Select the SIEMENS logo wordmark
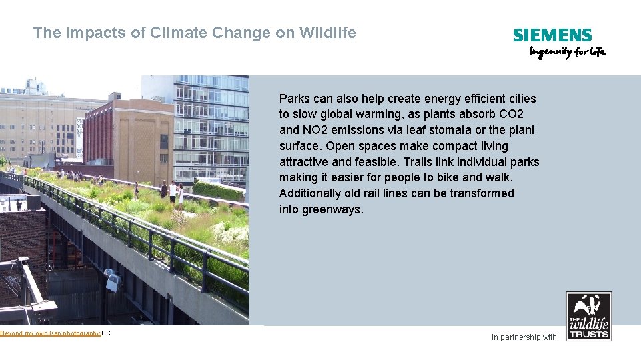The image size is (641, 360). click(x=552, y=35)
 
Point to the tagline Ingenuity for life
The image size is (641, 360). click(x=567, y=52)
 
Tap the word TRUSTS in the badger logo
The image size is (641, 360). click(x=588, y=333)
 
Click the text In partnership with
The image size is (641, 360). click(x=524, y=337)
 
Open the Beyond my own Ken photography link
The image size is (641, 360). click(x=50, y=333)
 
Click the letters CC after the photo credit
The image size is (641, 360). click(x=106, y=333)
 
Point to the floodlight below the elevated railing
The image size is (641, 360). click(x=112, y=281)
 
